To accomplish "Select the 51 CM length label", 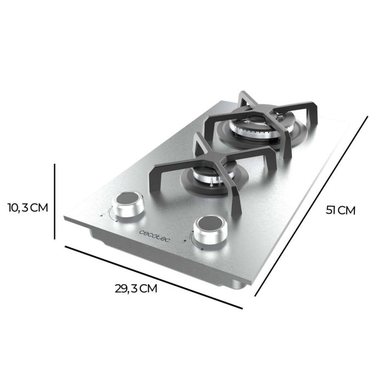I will tap(341, 210).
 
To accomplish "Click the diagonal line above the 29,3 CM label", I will tap(154, 277).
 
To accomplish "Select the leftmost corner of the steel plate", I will tap(64, 218).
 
